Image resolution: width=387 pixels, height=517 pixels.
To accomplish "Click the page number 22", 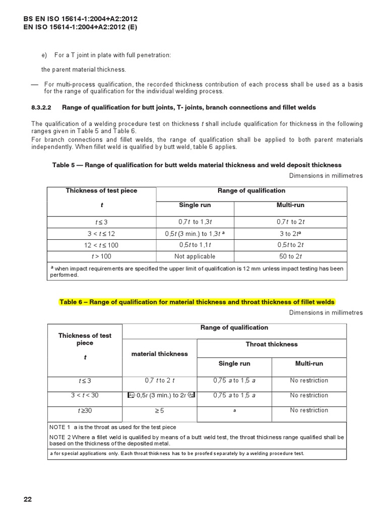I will (28, 499).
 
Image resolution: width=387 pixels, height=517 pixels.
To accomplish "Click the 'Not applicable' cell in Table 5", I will (194, 256).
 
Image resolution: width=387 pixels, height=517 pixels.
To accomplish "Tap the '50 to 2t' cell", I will (291, 256).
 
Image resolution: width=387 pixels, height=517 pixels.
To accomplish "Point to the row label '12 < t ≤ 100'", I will (101, 245).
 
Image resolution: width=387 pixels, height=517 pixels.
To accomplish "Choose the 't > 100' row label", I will (101, 256).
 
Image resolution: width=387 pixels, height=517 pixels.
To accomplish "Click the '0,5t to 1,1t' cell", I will (194, 245).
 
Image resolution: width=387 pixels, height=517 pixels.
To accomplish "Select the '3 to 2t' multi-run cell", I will (291, 234).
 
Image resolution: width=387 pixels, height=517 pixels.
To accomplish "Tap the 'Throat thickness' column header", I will (271, 344).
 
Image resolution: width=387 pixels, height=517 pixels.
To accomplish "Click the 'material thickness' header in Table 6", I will (159, 354).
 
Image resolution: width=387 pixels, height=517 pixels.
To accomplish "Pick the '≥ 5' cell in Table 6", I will (159, 410).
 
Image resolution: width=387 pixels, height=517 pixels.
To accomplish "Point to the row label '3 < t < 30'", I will (85, 395).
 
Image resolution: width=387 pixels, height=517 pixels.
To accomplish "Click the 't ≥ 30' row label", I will (85, 410).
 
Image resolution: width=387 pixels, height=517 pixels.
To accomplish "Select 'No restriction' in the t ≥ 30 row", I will (309, 410).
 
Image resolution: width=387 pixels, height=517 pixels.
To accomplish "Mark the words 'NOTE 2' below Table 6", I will (61, 437).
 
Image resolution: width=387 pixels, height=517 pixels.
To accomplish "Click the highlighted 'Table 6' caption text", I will (197, 302).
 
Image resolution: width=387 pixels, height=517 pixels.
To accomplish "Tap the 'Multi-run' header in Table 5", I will (291, 205).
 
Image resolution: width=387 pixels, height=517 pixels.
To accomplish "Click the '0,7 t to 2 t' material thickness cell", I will (159, 381).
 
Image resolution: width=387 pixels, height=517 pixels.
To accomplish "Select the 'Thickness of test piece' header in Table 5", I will (101, 191).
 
